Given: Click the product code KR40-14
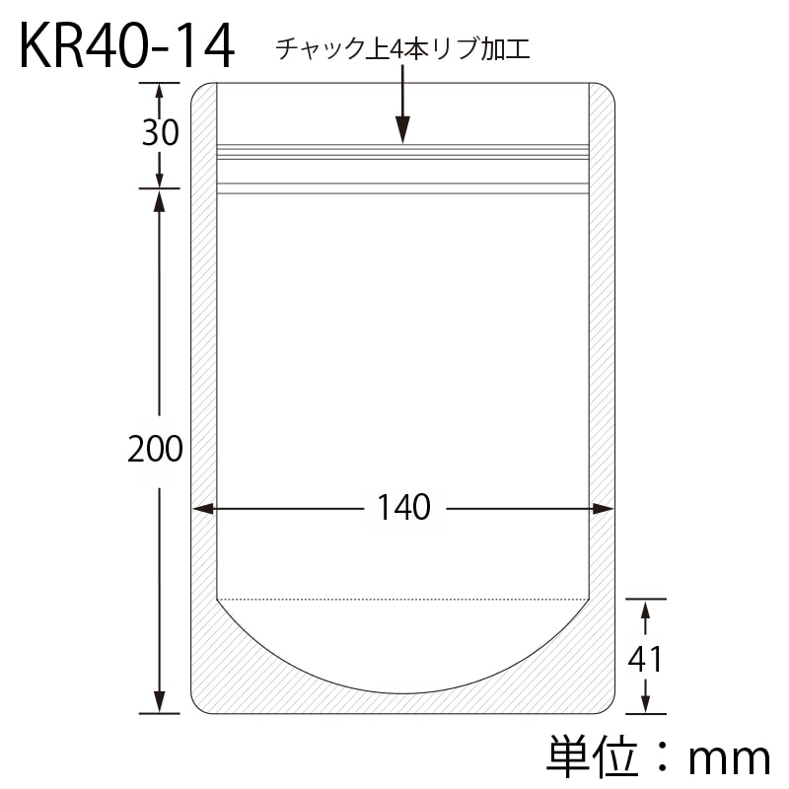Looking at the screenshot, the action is (x=127, y=46).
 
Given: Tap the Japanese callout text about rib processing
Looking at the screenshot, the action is (x=402, y=49).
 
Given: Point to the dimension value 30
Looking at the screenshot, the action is (x=160, y=133).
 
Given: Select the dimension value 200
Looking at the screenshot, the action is (x=155, y=449).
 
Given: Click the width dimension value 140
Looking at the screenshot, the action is (x=403, y=507).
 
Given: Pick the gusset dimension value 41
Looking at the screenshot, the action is (x=645, y=659).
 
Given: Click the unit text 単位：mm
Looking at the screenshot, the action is (x=658, y=757).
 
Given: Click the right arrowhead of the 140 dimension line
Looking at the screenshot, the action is (x=602, y=509).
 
